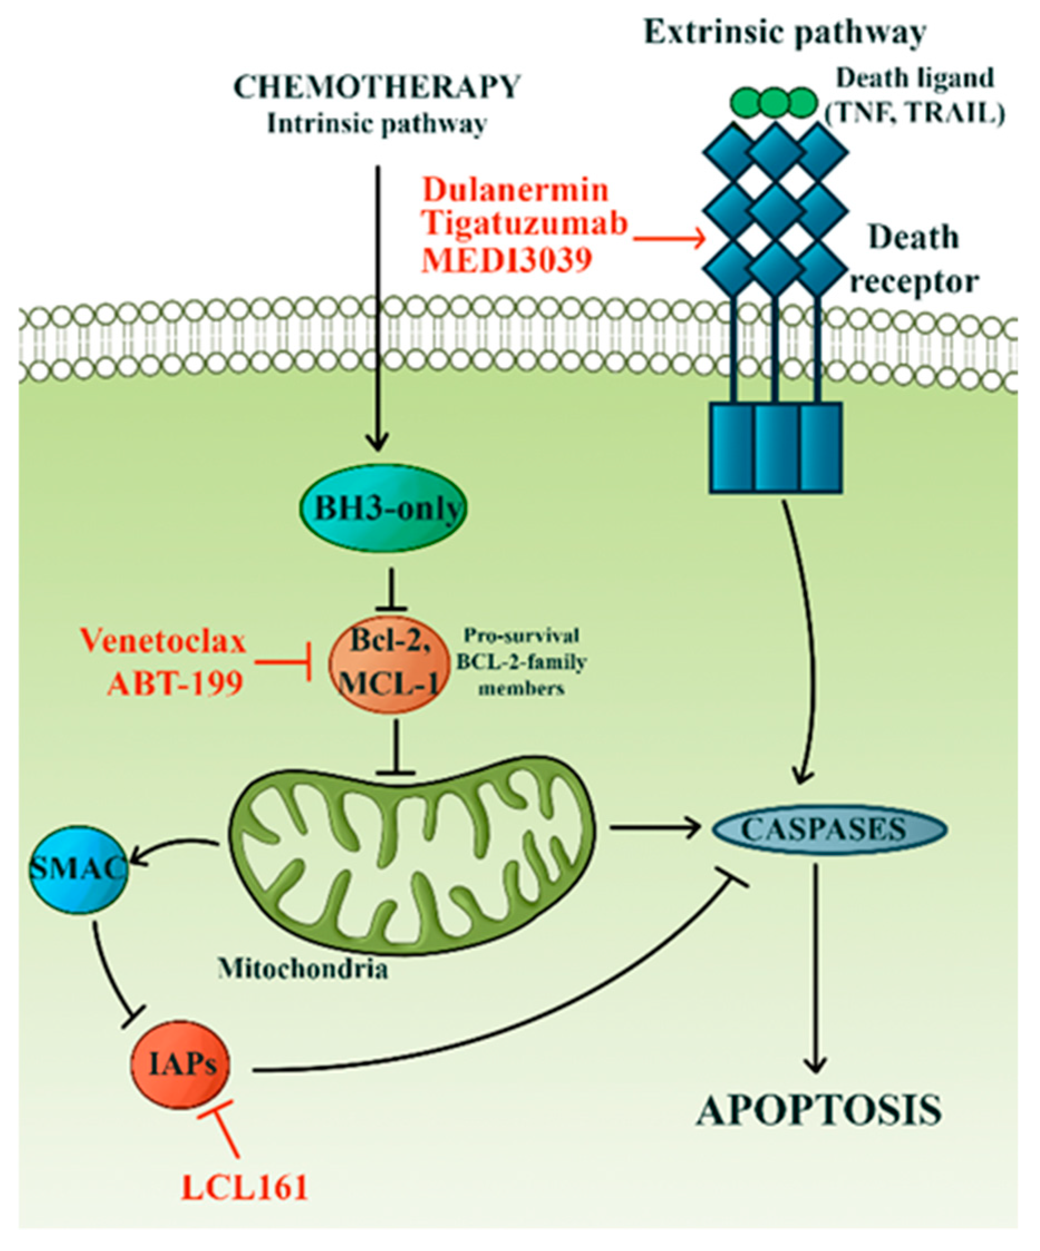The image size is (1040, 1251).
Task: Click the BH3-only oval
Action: point(382,509)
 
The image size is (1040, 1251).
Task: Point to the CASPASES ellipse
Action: point(823,828)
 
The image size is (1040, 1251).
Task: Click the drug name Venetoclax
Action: point(163,642)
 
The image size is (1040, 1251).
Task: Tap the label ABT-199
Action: point(174,683)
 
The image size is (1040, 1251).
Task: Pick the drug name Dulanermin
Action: point(516,190)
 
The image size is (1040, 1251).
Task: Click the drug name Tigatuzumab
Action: point(525,224)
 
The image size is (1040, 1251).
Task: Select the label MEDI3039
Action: point(507,260)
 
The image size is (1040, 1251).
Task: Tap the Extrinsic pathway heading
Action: point(785,33)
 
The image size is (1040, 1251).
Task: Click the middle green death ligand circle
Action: point(773,102)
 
